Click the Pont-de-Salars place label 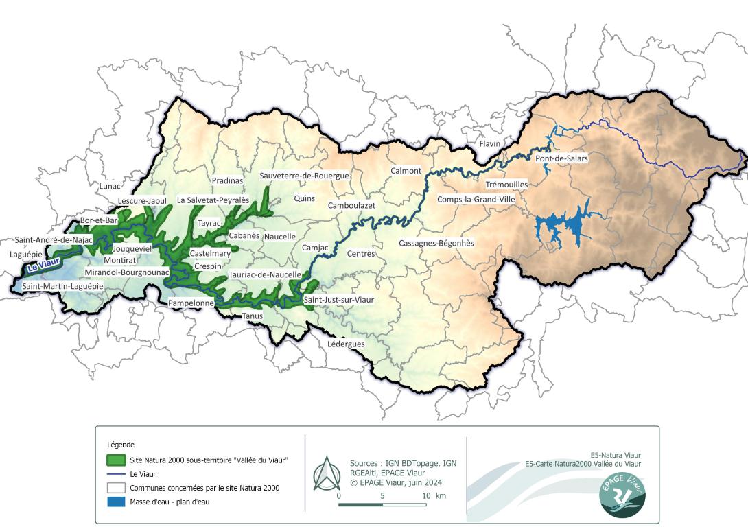click(x=561, y=158)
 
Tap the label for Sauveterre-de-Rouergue click(x=305, y=176)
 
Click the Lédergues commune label click(x=347, y=344)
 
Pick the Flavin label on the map click(x=490, y=143)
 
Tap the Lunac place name click(x=109, y=186)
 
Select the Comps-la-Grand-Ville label click(x=476, y=200)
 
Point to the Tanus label click(x=252, y=316)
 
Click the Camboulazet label click(x=351, y=205)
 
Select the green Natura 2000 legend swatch click(x=117, y=460)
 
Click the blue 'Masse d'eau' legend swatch click(x=117, y=502)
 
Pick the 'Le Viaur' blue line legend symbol click(x=117, y=474)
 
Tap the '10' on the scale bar click(x=426, y=495)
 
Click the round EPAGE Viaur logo click(x=622, y=493)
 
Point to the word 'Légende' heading click(x=121, y=445)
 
